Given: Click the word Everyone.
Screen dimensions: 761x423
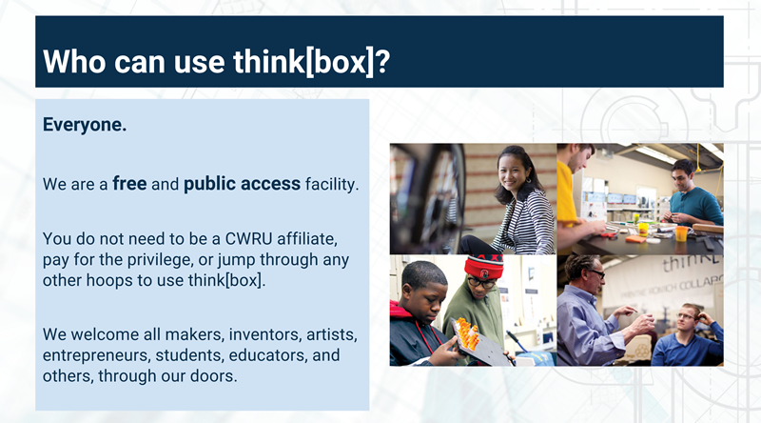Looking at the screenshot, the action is click(85, 125).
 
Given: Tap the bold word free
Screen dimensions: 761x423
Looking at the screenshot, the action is click(129, 183).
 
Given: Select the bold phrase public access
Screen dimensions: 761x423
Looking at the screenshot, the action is click(243, 184).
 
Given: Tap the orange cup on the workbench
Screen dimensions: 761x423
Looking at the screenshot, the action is click(681, 232).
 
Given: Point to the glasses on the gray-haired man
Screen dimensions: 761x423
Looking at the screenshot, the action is click(595, 273).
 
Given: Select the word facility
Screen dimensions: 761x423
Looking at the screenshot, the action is click(332, 184).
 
